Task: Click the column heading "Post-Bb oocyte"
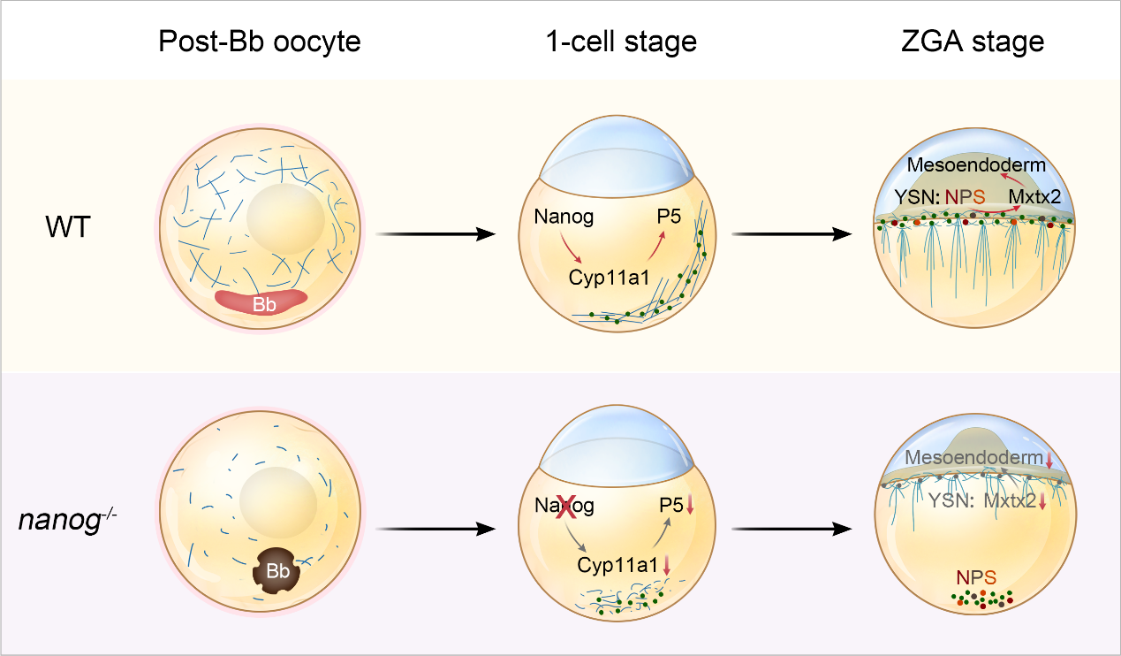click(260, 42)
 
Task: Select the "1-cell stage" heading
click(624, 42)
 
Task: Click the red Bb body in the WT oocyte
click(262, 302)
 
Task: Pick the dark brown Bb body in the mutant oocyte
click(277, 571)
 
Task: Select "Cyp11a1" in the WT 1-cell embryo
click(610, 278)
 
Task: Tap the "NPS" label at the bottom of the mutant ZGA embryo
click(976, 578)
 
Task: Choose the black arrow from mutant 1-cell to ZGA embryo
click(792, 529)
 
